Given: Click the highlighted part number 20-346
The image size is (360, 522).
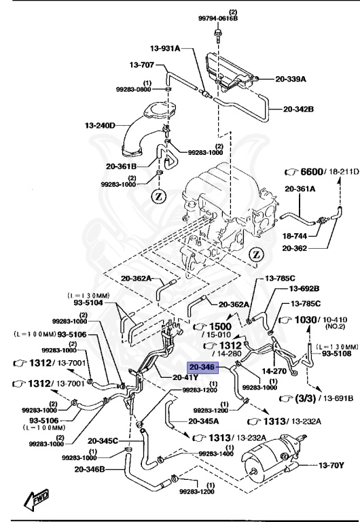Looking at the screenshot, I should pos(202,367).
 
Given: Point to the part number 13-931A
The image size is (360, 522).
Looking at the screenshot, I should pos(165,48).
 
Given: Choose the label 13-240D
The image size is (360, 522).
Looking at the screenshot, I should pos(100,125).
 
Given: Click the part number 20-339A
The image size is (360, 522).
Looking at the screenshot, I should pos(288,79).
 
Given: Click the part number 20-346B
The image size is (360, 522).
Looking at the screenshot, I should pos(101,470).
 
